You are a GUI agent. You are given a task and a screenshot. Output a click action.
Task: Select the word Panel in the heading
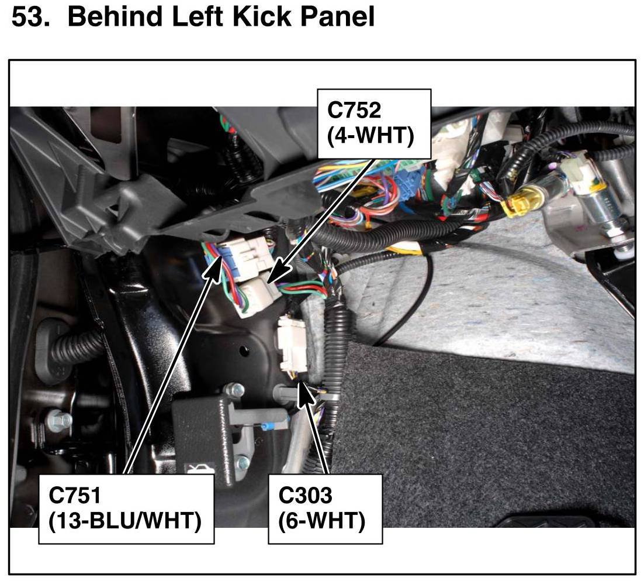click(337, 18)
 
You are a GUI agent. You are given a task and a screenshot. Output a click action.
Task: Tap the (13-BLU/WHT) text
click(125, 521)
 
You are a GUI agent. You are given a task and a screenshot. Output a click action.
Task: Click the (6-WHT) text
click(322, 521)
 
